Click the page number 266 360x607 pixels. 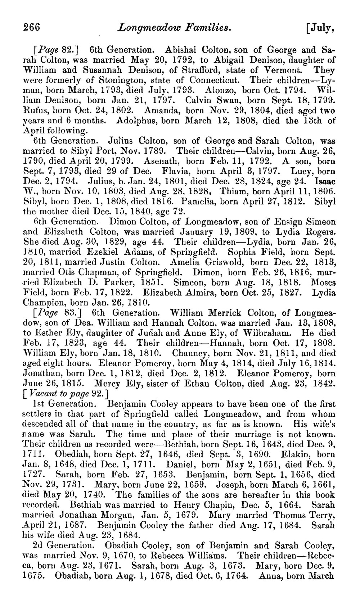point(32,27)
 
